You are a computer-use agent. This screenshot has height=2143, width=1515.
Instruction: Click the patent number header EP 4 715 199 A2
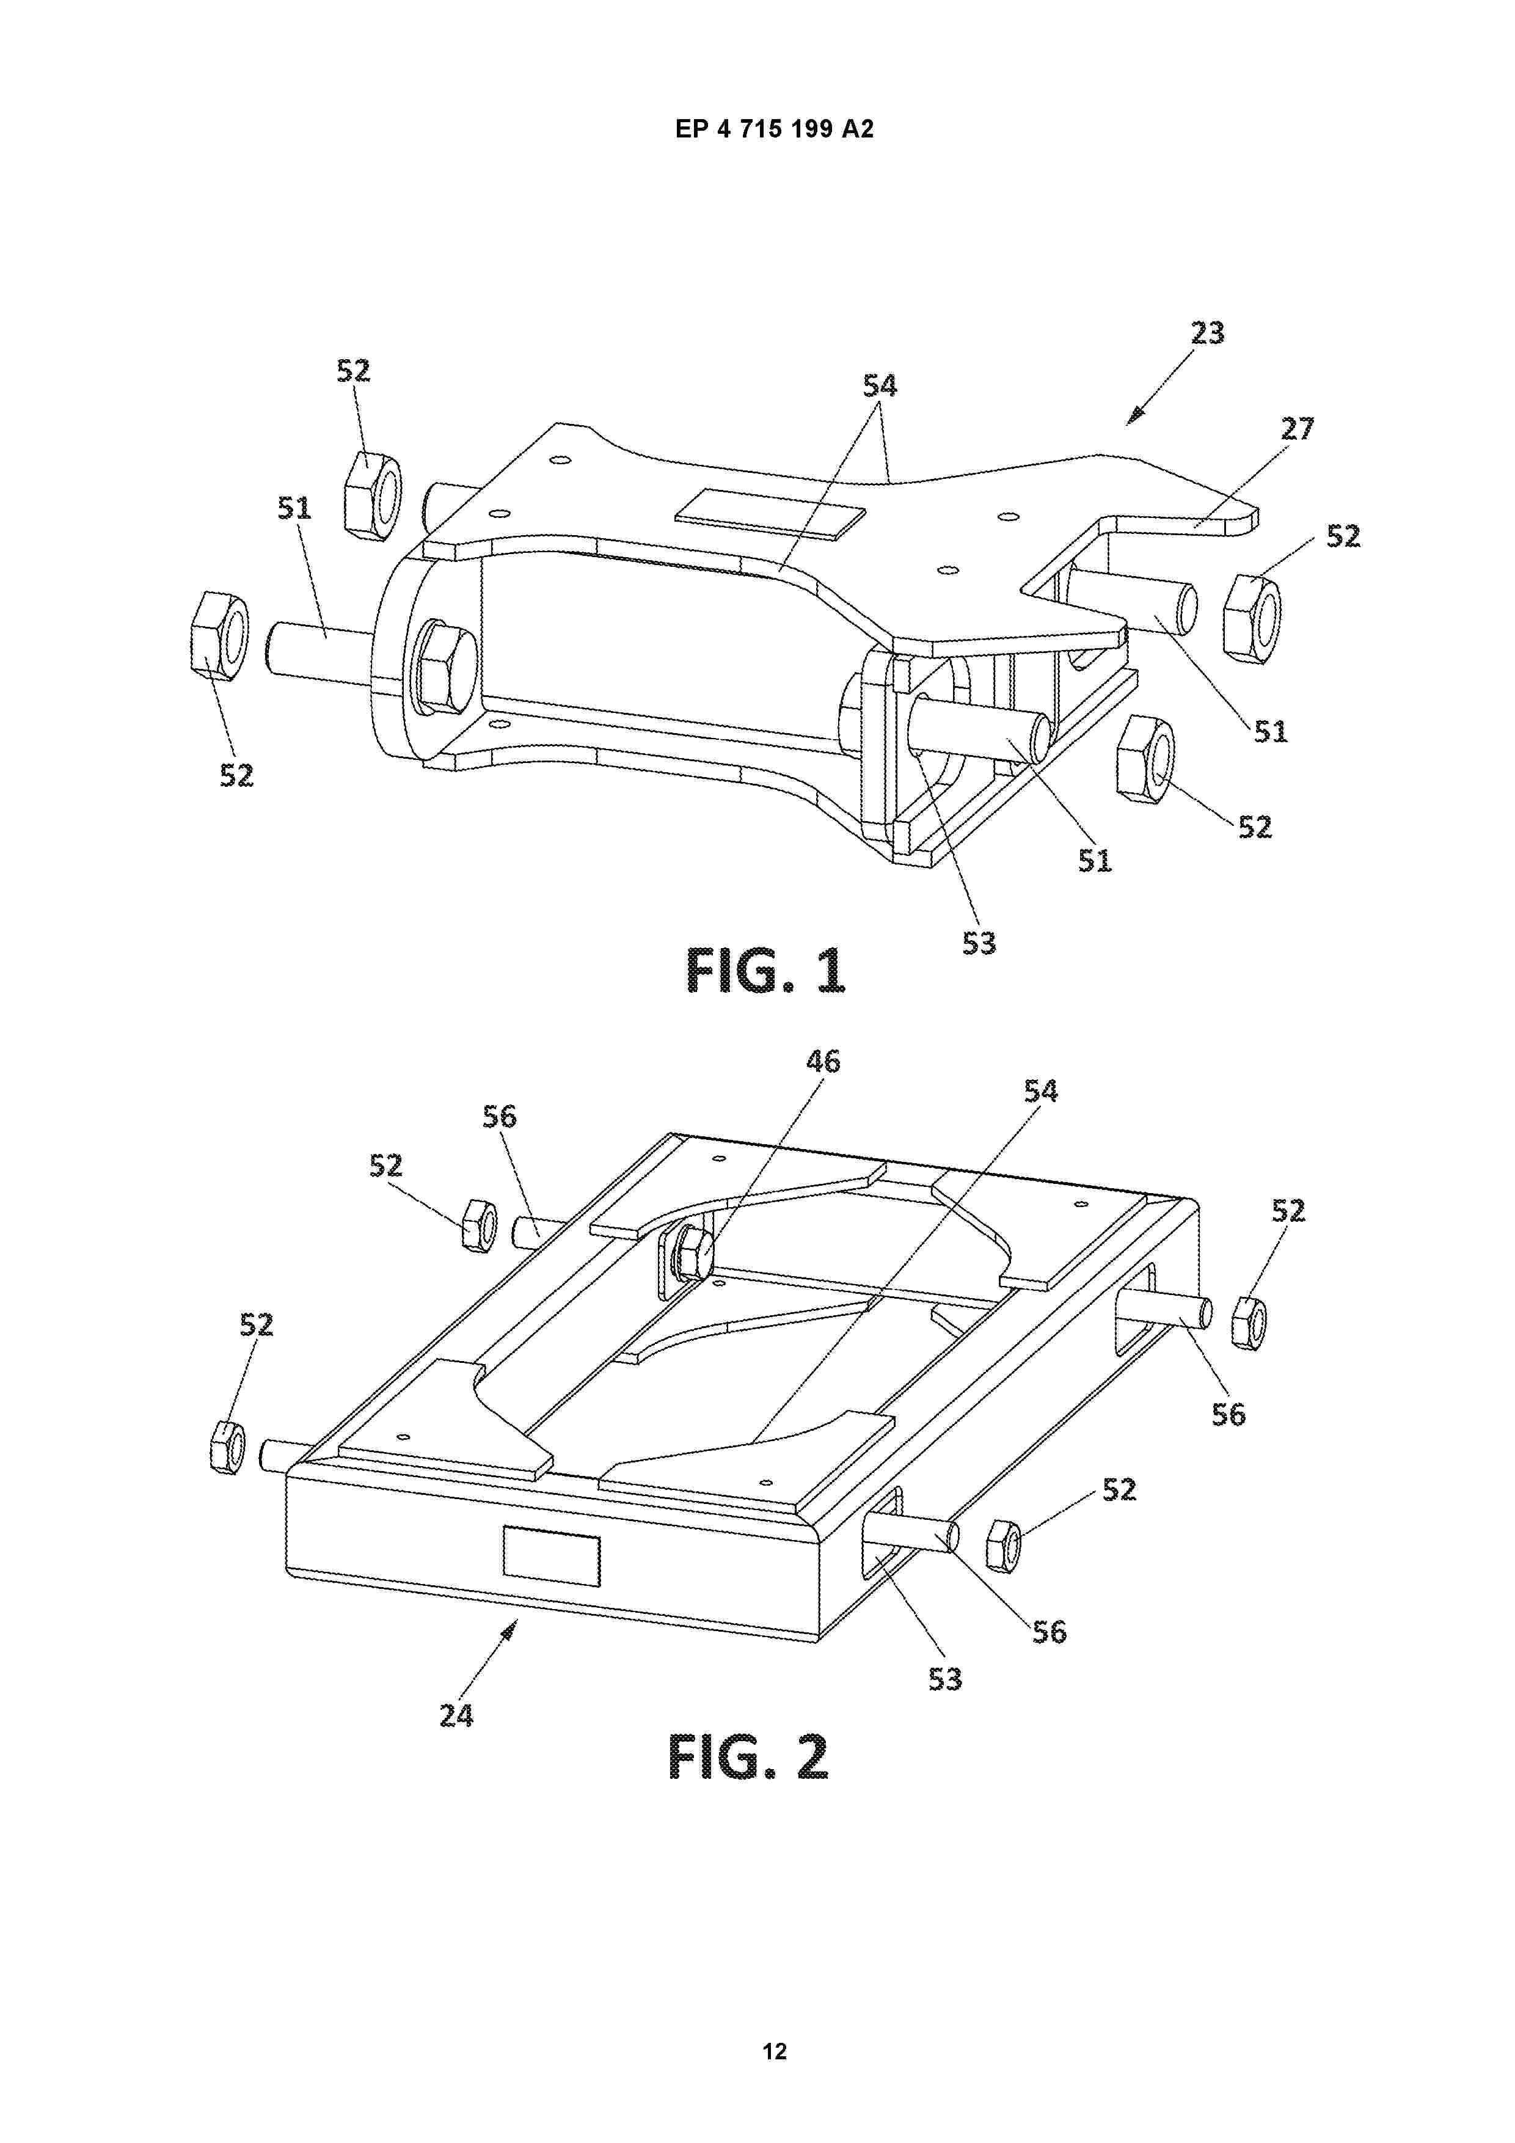[774, 130]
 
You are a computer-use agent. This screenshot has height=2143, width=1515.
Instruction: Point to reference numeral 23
[1207, 332]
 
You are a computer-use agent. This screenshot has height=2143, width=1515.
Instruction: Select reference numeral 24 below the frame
[456, 1715]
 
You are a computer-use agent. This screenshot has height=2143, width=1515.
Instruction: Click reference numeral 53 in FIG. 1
[979, 944]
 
